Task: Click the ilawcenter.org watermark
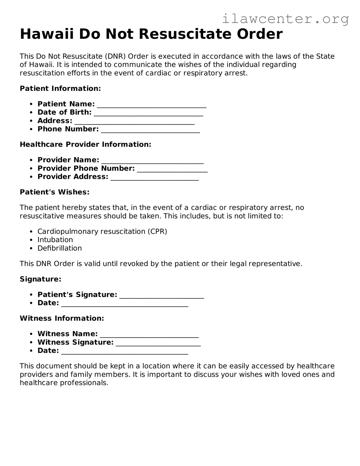tap(285, 19)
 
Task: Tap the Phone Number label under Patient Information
tap(68, 129)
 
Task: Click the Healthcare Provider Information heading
tap(85, 144)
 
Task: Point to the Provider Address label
tap(73, 177)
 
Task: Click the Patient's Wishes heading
tap(55, 192)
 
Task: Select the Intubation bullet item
tap(55, 240)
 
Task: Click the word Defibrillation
tap(59, 248)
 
